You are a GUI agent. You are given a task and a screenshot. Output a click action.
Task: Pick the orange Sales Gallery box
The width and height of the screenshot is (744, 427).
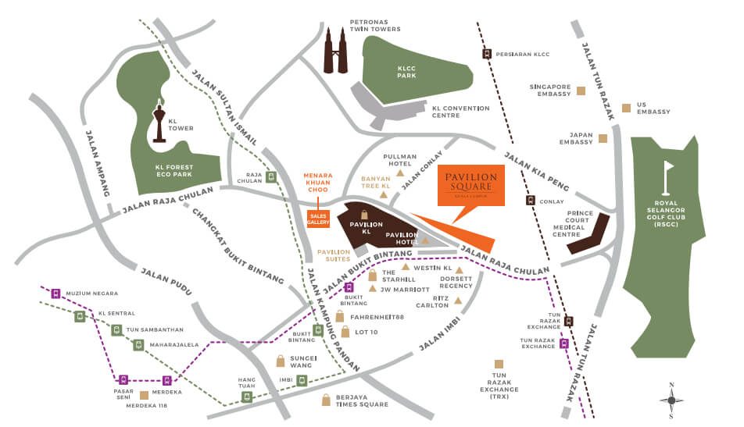pos(318,219)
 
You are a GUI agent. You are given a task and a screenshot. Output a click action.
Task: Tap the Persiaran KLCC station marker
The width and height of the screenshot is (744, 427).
pos(487,54)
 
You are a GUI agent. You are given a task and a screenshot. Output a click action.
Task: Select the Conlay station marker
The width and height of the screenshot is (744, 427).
pos(531,200)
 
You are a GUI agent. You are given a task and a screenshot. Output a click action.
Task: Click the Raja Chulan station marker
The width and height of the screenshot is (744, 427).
pos(271,176)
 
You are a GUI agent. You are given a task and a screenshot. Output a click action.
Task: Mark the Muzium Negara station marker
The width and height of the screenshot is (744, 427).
pos(55,294)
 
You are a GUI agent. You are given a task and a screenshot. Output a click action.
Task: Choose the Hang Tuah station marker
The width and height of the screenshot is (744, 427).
pos(247,397)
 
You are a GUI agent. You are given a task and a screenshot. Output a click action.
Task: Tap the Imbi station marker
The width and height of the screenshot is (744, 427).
pos(301,381)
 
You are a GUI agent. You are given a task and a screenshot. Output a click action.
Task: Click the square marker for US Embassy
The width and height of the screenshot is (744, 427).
pos(625,108)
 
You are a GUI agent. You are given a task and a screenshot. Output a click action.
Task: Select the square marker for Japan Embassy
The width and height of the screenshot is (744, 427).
pos(603,138)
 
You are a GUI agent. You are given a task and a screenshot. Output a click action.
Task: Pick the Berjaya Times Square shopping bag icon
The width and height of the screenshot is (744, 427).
pos(326,400)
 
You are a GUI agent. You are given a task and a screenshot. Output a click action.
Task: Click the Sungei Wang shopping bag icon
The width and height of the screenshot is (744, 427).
pos(281,361)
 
